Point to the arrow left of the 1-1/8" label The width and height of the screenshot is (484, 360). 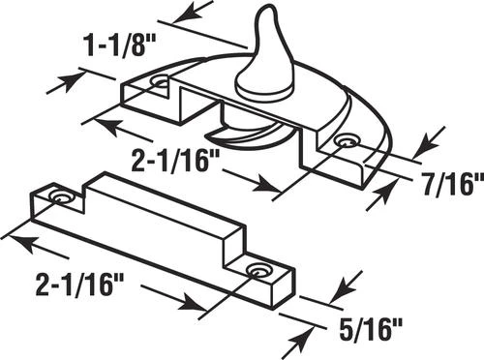point(64,81)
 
